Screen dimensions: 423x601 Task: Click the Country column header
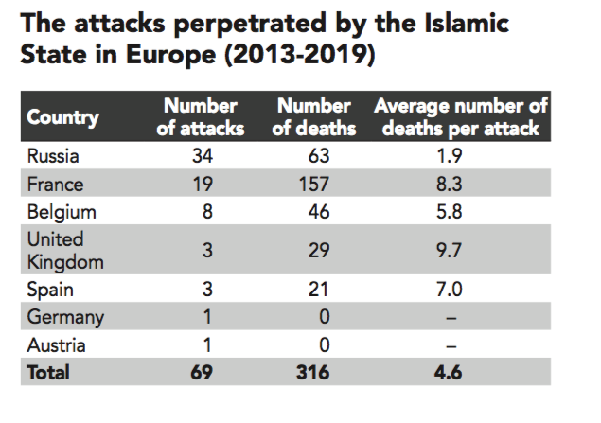click(62, 117)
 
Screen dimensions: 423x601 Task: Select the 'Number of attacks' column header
click(200, 116)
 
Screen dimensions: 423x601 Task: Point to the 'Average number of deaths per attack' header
click(462, 116)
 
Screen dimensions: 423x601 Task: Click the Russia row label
click(54, 156)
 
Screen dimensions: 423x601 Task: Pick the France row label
click(56, 184)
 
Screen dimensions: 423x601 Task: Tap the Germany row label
click(65, 317)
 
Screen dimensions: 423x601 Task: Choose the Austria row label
click(59, 344)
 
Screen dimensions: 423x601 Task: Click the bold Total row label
click(48, 372)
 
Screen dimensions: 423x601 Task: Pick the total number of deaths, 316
click(311, 372)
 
